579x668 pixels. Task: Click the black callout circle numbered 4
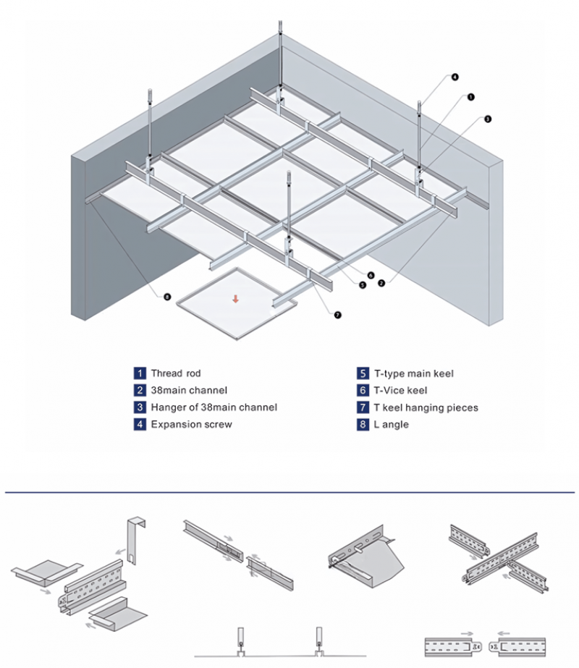point(455,77)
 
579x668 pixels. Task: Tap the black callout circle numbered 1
point(470,96)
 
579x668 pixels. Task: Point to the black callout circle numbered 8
point(167,297)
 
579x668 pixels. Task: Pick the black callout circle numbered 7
point(337,315)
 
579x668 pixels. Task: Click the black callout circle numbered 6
point(371,275)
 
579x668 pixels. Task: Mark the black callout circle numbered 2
point(381,284)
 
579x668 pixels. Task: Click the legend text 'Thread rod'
point(176,373)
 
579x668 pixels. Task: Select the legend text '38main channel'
point(189,391)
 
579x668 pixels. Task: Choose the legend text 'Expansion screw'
point(191,424)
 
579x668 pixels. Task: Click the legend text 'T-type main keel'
point(414,373)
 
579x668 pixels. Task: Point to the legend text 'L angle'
point(392,424)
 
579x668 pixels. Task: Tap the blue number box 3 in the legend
point(140,407)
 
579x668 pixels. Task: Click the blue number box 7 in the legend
point(363,407)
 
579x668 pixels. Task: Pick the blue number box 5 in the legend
point(363,373)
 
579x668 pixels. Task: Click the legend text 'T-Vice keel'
point(400,391)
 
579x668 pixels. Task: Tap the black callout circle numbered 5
point(363,285)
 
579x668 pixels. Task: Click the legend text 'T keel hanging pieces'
point(426,407)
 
